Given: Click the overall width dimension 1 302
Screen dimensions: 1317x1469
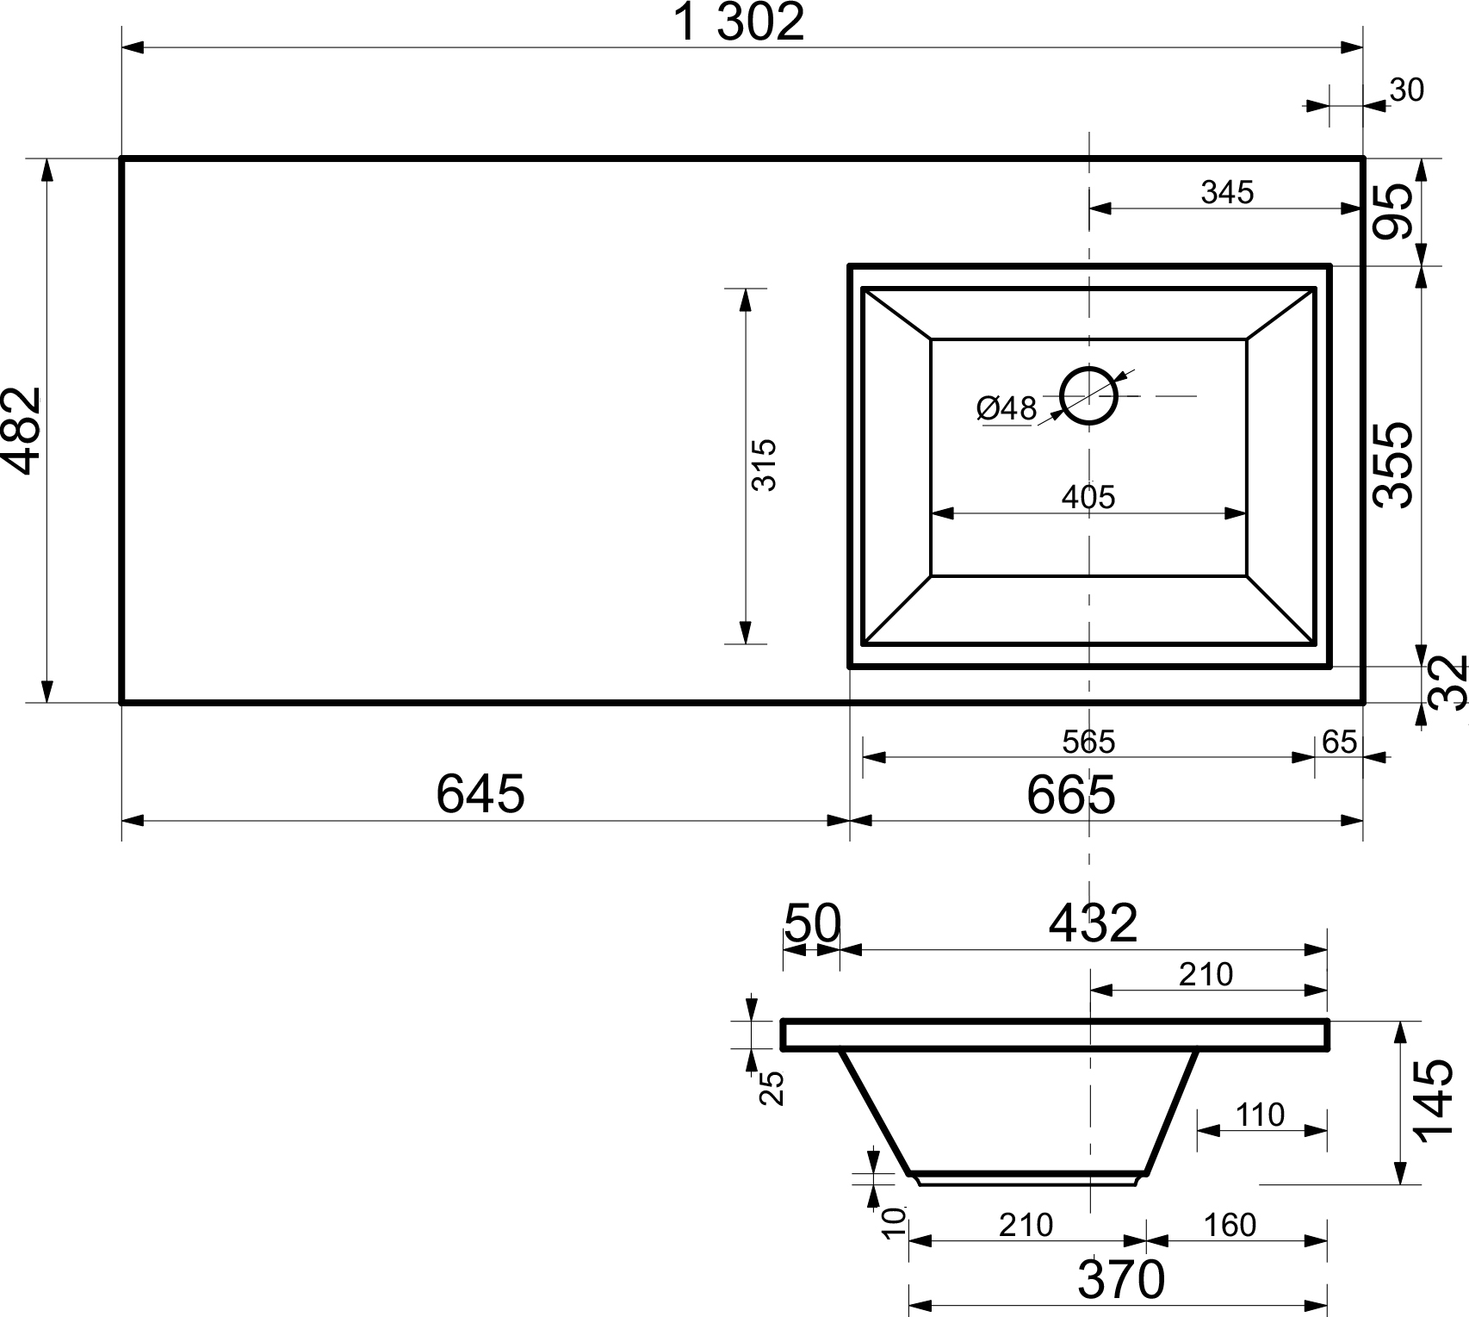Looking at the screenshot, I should pos(738,22).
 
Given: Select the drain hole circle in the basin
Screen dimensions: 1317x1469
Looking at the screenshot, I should pos(1089,396).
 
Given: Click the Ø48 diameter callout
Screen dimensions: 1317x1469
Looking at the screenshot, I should pos(1006,408).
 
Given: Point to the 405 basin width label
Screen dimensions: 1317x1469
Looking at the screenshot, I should pos(1088,497).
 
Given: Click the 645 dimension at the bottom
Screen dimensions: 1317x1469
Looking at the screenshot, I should pos(480,793).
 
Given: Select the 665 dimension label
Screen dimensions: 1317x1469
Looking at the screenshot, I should pos(1070,794).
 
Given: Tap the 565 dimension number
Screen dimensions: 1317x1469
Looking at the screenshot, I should pos(1088,742).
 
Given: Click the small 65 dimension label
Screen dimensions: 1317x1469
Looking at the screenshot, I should pos(1339,742).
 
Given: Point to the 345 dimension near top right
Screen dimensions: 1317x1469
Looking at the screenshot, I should pos(1227,193).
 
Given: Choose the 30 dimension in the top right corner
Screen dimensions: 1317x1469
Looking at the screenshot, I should pos(1407,90).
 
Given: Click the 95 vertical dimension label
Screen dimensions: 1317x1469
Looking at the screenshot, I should pos(1394,212).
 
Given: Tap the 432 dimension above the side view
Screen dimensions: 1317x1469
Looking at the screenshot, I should pos(1093,923).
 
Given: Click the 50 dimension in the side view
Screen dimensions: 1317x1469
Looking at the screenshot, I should pos(811,923).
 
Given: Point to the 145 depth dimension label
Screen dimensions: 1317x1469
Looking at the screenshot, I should pos(1434,1100).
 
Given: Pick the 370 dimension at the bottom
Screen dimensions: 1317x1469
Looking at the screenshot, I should pos(1120,1280).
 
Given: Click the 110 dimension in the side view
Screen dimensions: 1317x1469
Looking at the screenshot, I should pos(1260,1115).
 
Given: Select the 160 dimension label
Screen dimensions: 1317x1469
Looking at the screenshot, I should pos(1230,1224).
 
